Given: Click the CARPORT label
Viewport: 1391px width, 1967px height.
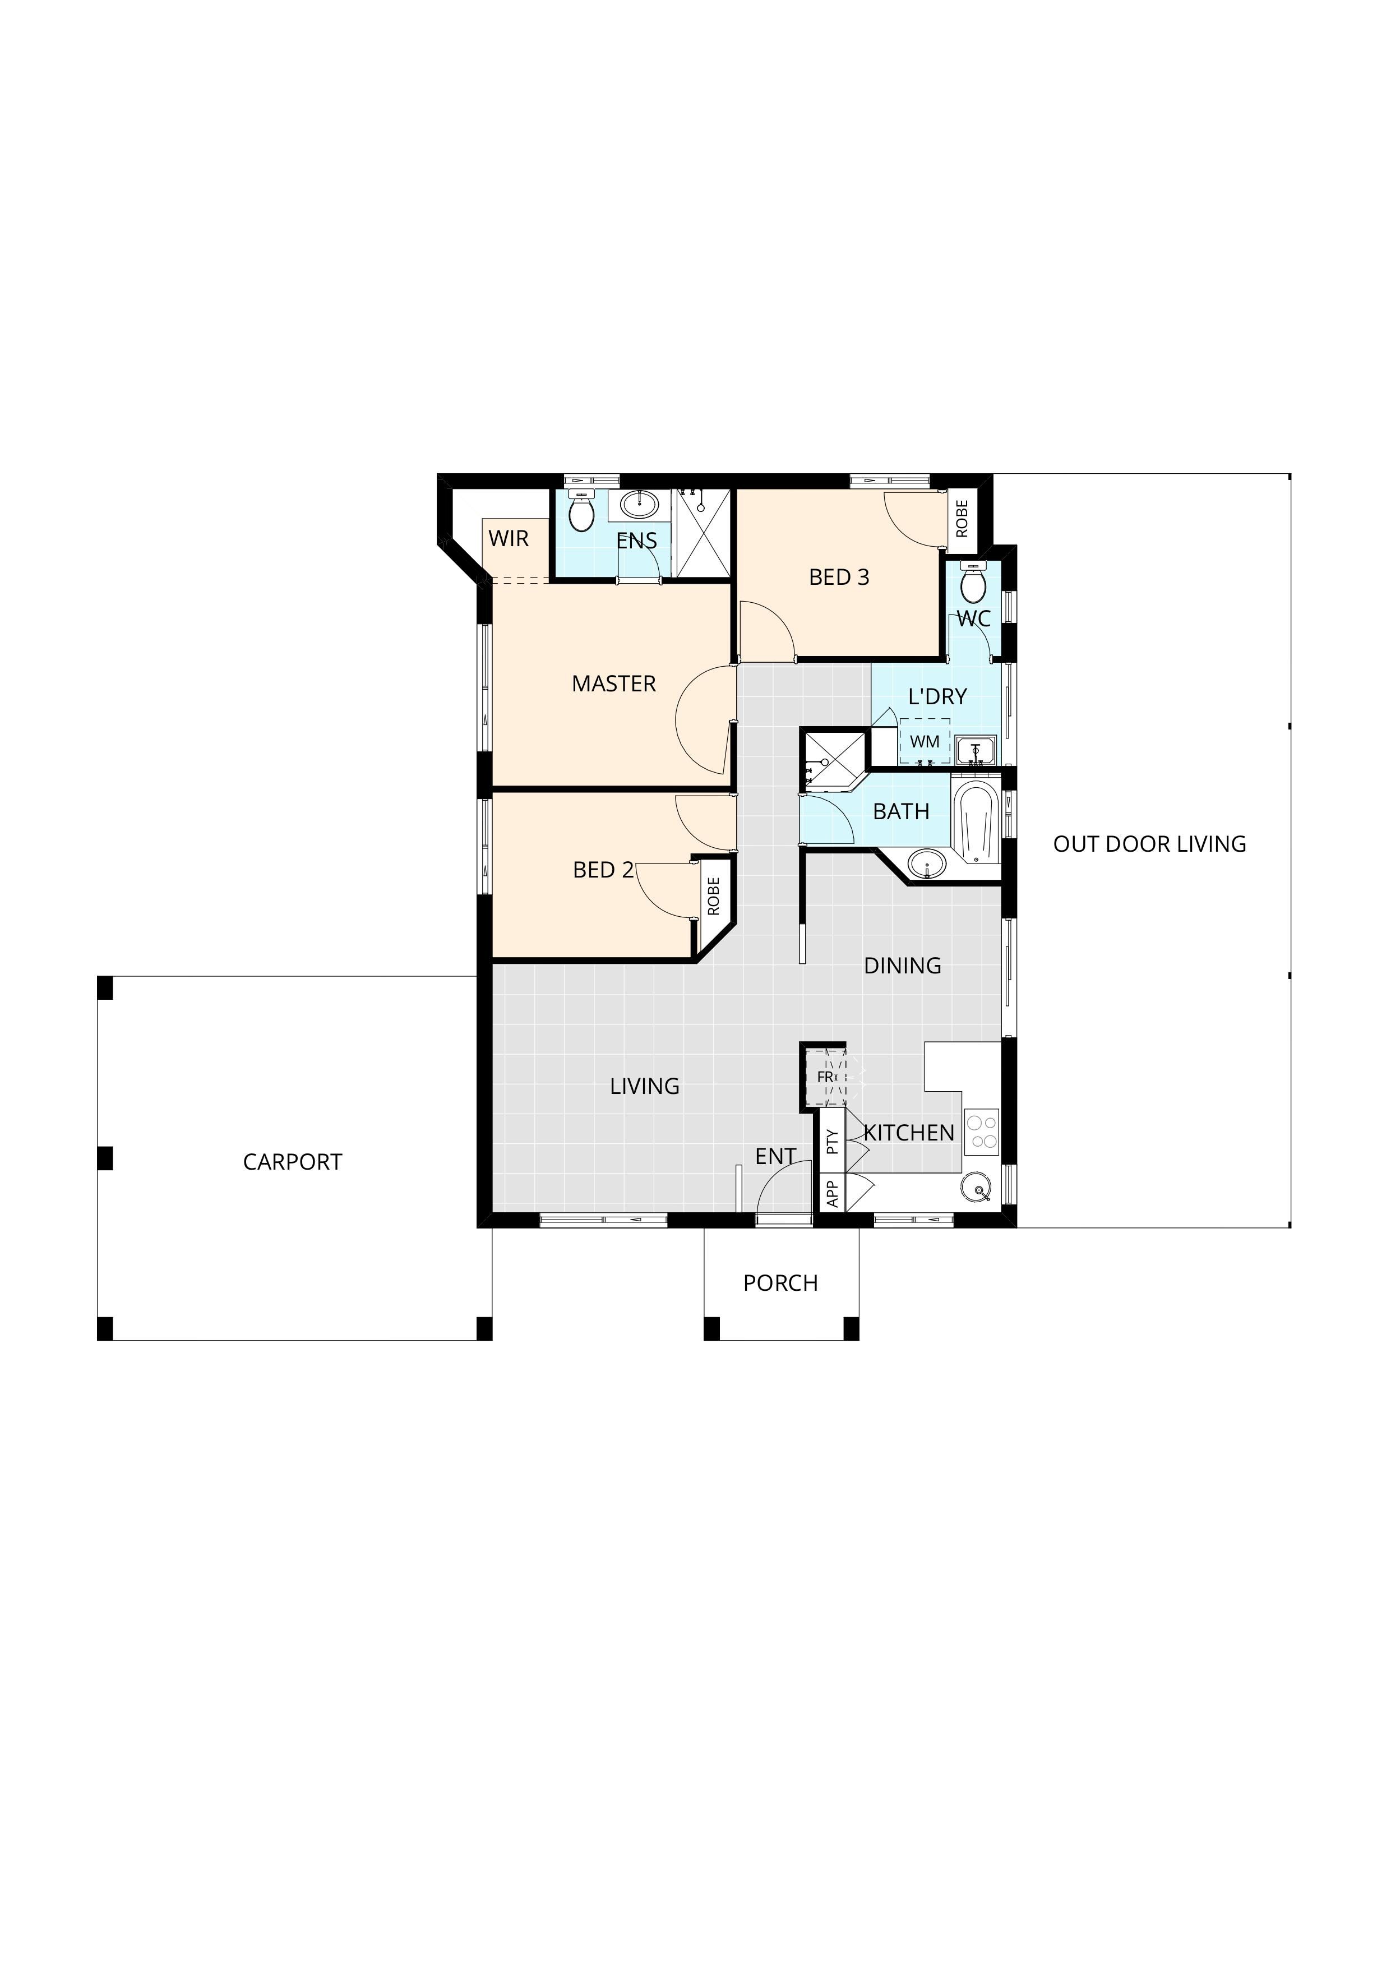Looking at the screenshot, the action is [x=292, y=1162].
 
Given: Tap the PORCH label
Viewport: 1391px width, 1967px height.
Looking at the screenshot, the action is [x=780, y=1282].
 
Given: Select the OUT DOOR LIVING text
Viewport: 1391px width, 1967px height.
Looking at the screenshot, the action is [x=1149, y=844].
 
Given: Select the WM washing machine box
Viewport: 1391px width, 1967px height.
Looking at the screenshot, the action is [x=925, y=741].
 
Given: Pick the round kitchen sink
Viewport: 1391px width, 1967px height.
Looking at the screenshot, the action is [x=976, y=1188].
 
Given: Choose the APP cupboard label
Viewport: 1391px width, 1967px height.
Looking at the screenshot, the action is [x=831, y=1193].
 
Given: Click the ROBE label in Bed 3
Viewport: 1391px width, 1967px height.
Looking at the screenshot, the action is [x=962, y=519].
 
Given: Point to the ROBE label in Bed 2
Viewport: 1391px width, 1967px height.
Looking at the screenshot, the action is [x=714, y=896].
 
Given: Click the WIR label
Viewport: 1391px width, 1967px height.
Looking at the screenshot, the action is [x=509, y=539].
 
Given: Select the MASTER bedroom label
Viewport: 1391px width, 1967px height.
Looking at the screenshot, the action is [x=613, y=684].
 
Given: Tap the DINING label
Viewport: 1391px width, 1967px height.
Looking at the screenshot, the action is [x=902, y=966].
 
